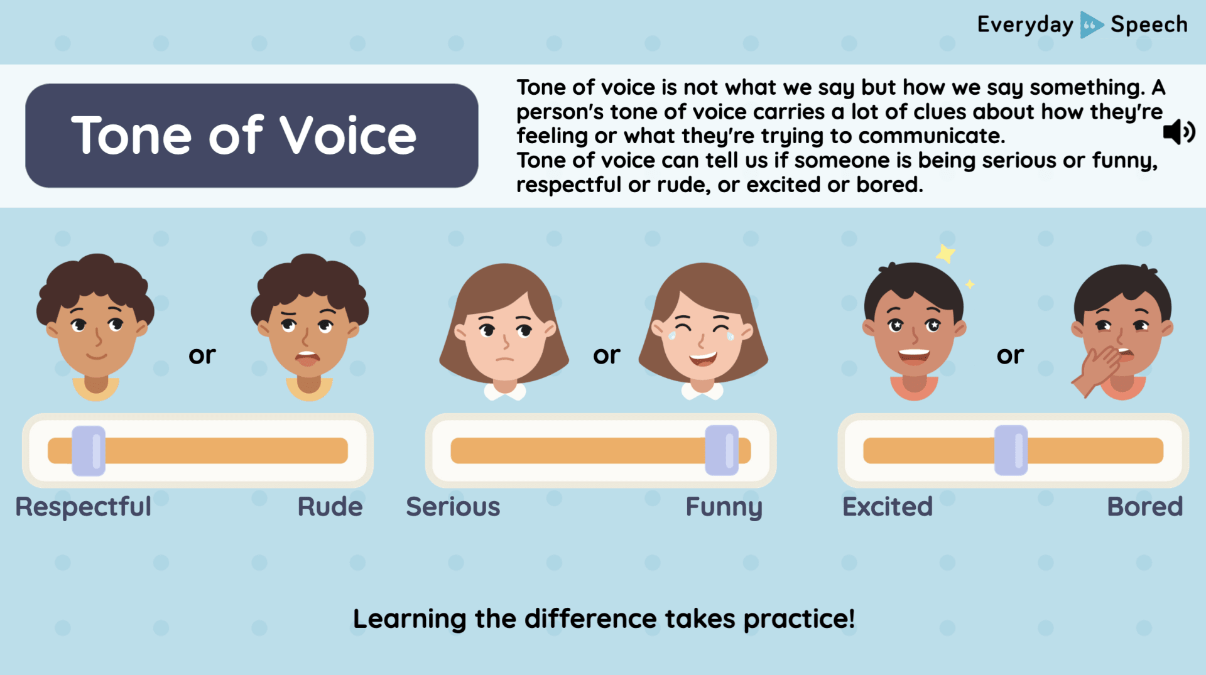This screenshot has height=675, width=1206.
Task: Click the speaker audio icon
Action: (1178, 132)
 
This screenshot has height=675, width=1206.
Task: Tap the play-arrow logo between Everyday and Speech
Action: (1091, 25)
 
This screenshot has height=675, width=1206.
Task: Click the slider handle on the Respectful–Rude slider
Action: (89, 451)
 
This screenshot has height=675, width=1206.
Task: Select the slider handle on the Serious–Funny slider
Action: (721, 451)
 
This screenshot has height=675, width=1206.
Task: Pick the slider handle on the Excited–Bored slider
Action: (1011, 451)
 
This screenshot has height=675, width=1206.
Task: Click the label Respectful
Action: (83, 507)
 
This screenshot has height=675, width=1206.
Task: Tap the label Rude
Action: (330, 507)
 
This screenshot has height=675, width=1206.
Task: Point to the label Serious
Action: (453, 507)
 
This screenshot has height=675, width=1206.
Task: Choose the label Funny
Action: (724, 507)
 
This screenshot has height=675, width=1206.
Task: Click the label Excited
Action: (887, 507)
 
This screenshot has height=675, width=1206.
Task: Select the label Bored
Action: (1144, 507)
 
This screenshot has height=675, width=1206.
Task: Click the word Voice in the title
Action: (347, 136)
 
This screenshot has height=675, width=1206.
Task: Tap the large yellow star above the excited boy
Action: (945, 254)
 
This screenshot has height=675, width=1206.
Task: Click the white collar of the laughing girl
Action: (702, 391)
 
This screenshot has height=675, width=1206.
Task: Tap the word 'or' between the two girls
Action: (606, 355)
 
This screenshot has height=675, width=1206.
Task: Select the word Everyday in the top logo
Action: (1024, 25)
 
